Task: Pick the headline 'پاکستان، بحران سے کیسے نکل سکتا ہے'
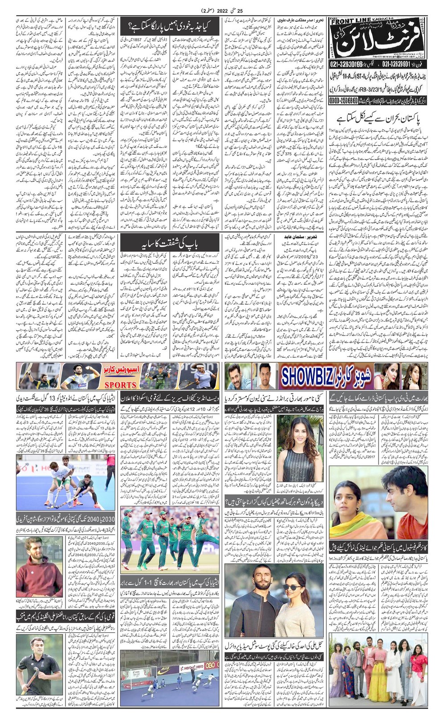pyautogui.click(x=379, y=119)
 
